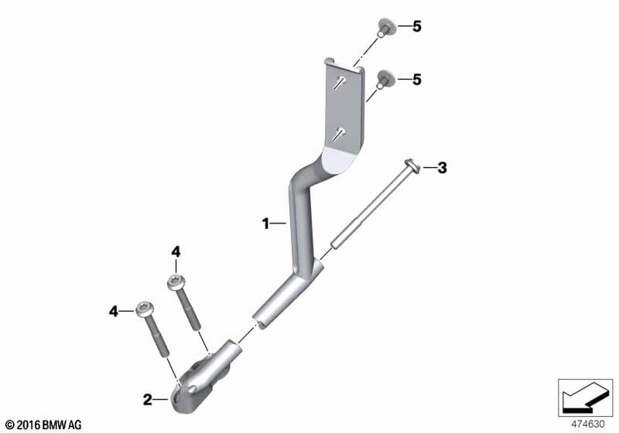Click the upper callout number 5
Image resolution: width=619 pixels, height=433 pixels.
point(417,26)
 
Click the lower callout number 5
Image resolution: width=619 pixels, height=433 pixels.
point(417,80)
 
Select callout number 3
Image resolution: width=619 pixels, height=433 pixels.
point(442,168)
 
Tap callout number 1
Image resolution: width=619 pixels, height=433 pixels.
point(265,223)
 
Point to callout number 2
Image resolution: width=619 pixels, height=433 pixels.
point(147,400)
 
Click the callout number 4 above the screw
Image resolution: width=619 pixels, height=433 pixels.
point(176,251)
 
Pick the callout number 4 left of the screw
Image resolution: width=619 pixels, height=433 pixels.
point(113,312)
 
